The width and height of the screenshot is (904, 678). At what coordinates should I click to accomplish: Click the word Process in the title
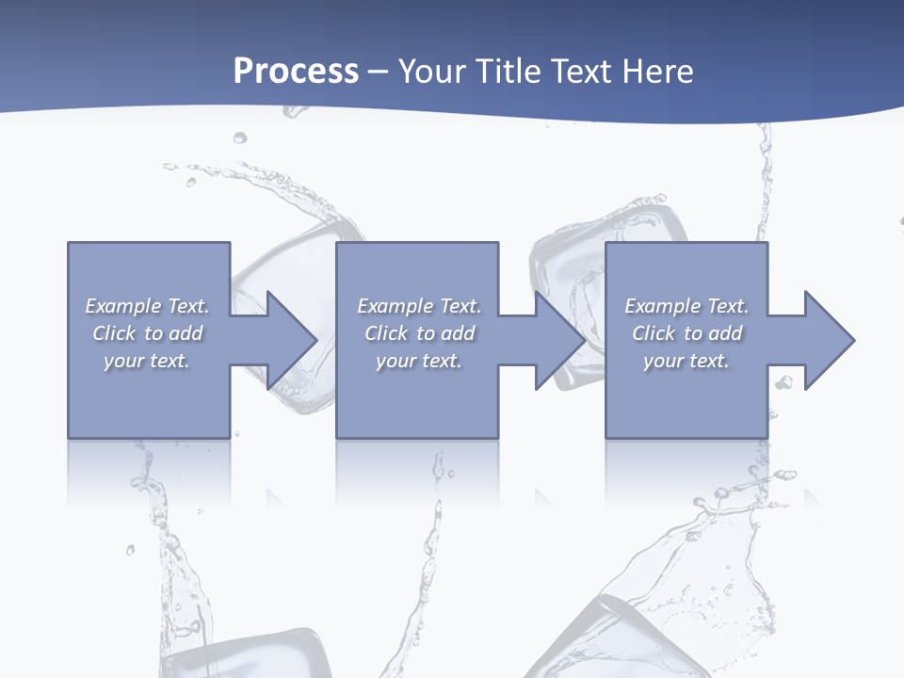296,72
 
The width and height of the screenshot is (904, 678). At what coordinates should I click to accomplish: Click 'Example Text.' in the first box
147,306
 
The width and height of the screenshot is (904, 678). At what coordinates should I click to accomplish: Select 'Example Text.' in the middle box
419,306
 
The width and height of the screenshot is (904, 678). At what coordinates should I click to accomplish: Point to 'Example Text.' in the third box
686,306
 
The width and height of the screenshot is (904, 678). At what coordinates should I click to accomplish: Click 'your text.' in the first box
147,361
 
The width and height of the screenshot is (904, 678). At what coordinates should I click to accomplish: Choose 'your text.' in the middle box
419,361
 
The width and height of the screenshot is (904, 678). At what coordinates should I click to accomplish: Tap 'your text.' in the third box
686,361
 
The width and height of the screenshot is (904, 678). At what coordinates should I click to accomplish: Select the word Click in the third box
654,333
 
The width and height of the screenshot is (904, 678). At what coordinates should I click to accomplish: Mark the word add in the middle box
458,333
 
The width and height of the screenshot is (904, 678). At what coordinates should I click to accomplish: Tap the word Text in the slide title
580,72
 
